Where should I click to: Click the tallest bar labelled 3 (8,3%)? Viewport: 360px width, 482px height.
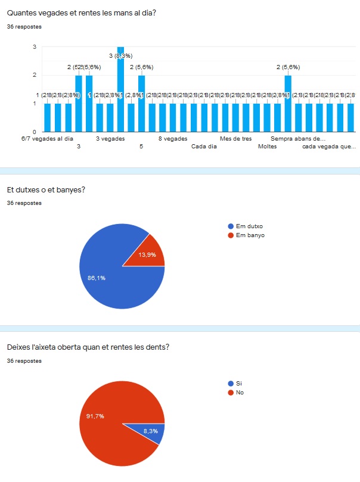(120, 89)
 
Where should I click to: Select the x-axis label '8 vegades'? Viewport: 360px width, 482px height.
(173, 138)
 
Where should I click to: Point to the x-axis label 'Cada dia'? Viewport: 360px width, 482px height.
(204, 145)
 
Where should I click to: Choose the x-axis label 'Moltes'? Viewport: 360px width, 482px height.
(267, 145)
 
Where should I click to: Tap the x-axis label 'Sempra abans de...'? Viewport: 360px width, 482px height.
(298, 138)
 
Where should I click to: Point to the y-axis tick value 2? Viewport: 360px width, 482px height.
(35, 75)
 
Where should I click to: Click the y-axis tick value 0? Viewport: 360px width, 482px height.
(35, 132)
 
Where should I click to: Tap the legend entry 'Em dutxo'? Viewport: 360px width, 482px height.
(249, 226)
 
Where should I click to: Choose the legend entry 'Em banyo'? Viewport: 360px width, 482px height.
(250, 235)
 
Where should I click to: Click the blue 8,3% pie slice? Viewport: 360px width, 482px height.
(154, 432)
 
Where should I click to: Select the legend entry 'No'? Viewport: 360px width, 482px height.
(240, 392)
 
